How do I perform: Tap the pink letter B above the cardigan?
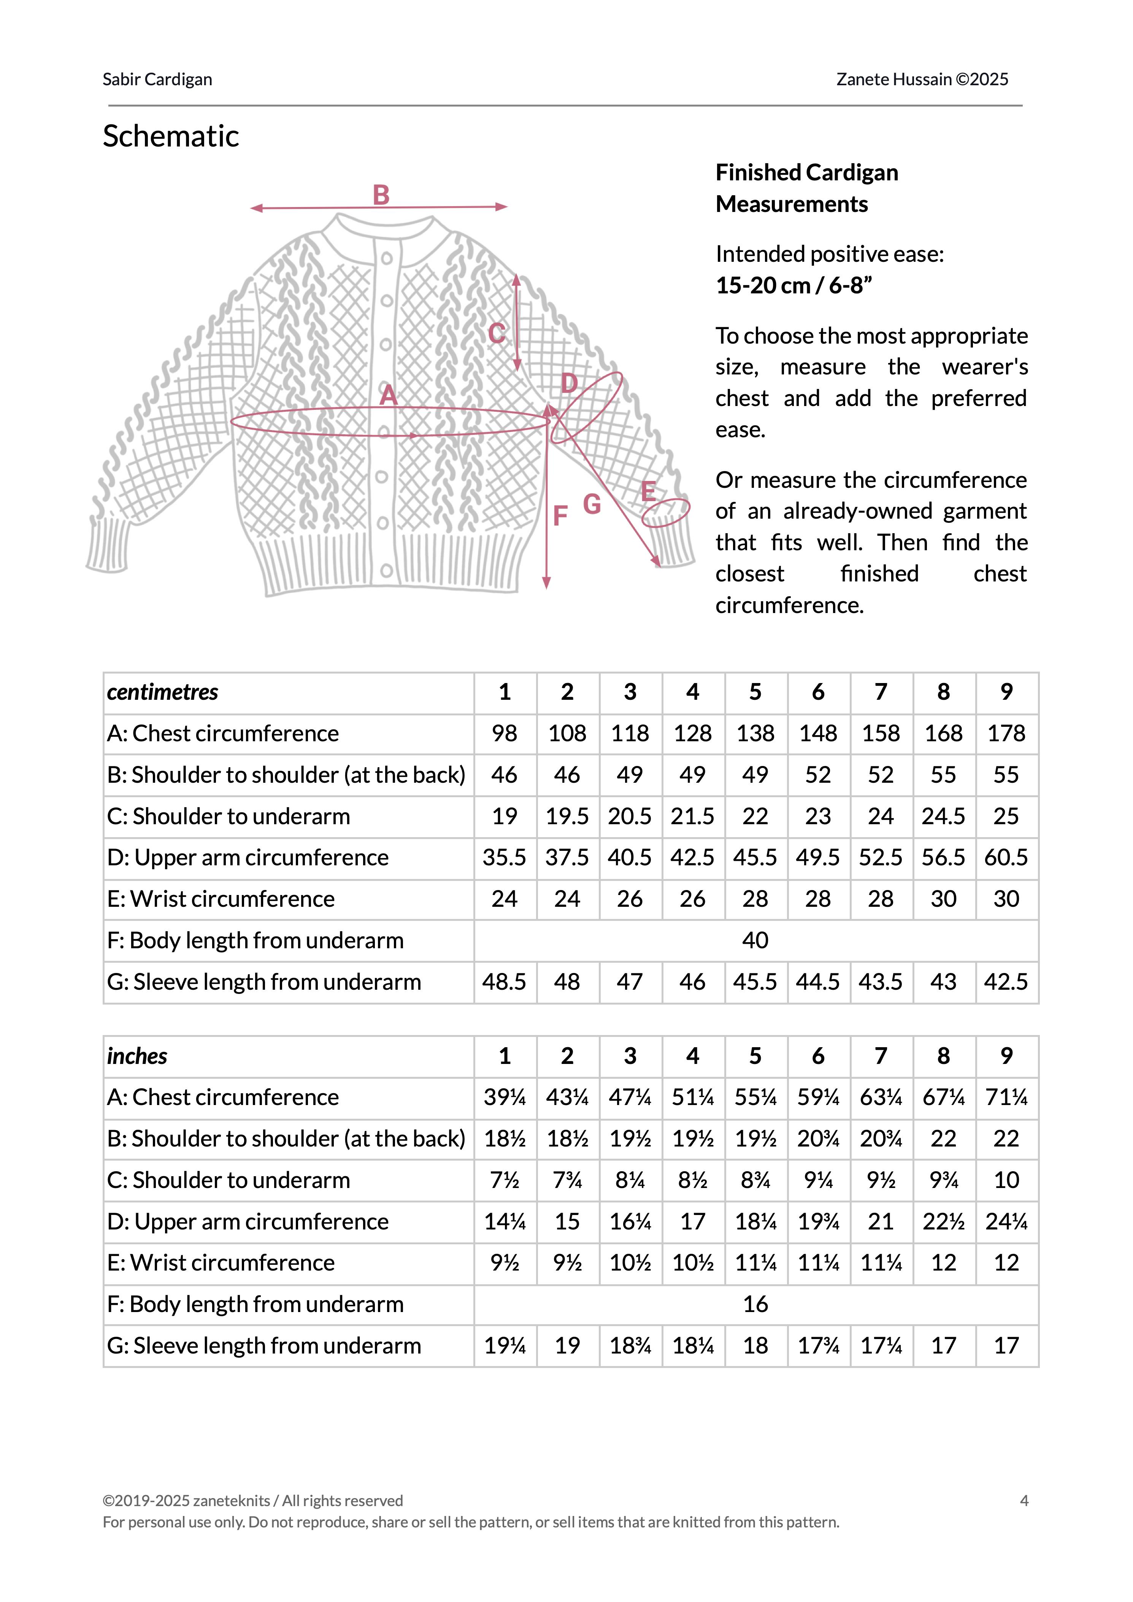pos(381,195)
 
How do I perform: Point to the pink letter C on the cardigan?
pos(496,334)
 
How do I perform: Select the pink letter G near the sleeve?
pos(592,504)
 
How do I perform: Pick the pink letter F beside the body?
pos(560,516)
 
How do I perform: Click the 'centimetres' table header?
pos(163,692)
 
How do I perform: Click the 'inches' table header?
pos(137,1056)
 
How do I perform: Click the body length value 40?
pos(755,940)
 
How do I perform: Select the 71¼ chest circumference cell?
pos(1006,1097)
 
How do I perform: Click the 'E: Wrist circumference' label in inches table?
pos(221,1263)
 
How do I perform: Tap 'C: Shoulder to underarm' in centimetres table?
pos(228,816)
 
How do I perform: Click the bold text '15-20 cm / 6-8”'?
pos(794,285)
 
